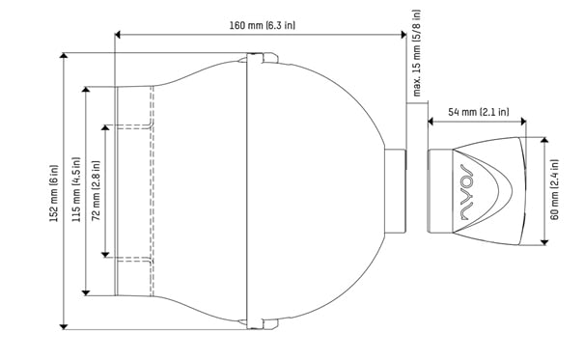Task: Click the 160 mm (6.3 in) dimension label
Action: click(263, 25)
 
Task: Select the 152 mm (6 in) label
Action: click(54, 193)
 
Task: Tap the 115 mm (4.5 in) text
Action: click(76, 189)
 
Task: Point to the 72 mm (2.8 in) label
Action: click(96, 190)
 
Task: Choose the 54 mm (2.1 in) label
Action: click(478, 112)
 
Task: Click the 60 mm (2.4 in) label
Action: click(555, 190)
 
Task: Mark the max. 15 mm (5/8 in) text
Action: click(417, 53)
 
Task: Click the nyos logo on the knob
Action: click(466, 191)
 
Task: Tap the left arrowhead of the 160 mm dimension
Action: click(118, 35)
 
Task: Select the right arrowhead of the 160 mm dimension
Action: click(403, 35)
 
